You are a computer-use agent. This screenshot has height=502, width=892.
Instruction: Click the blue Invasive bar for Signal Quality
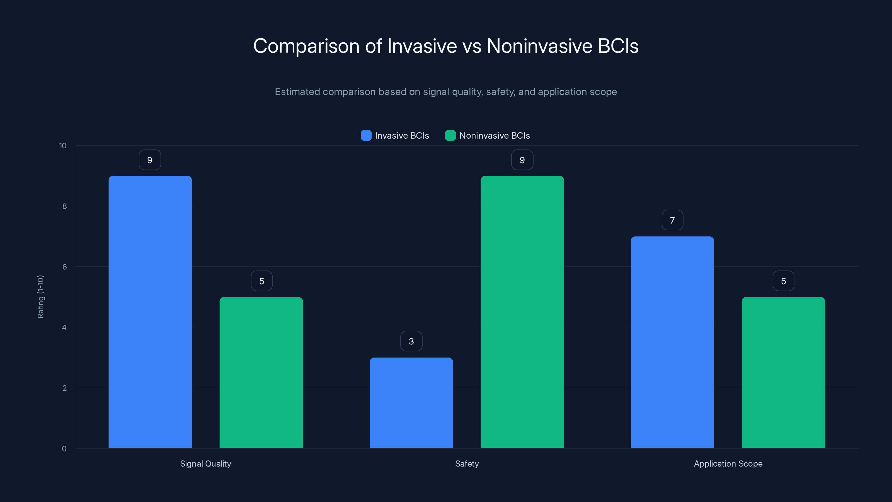(x=150, y=312)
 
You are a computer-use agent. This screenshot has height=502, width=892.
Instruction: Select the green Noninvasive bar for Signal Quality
(x=261, y=372)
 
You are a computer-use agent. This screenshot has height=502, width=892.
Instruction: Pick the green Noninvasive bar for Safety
(x=522, y=312)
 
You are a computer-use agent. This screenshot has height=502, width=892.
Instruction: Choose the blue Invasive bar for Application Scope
(x=672, y=342)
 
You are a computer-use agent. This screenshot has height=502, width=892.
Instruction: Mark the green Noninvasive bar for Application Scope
(x=783, y=372)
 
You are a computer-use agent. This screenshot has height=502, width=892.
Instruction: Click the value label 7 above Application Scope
(x=672, y=220)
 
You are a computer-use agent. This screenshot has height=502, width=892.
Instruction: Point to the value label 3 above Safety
(x=411, y=341)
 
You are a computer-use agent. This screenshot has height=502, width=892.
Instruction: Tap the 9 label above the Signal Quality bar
(x=150, y=160)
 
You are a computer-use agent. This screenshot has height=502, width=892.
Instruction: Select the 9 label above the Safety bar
(x=522, y=160)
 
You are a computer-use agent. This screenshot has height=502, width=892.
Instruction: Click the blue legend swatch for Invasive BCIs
(x=366, y=136)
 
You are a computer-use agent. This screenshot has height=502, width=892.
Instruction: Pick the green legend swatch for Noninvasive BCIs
(x=450, y=136)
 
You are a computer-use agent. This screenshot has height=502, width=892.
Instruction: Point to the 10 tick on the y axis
(x=63, y=146)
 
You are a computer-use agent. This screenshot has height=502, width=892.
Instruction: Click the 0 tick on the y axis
(x=64, y=449)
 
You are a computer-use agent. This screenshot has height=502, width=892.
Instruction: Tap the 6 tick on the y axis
(x=64, y=267)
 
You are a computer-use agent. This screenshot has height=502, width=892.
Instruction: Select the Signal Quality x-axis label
(x=205, y=464)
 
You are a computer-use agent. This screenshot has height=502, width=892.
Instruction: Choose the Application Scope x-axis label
(x=728, y=464)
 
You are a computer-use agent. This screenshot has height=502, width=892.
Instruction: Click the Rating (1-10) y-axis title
(x=40, y=297)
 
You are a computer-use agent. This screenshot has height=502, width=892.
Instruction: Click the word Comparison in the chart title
(x=306, y=46)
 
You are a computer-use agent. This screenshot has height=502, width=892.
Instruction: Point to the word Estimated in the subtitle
(x=297, y=92)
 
